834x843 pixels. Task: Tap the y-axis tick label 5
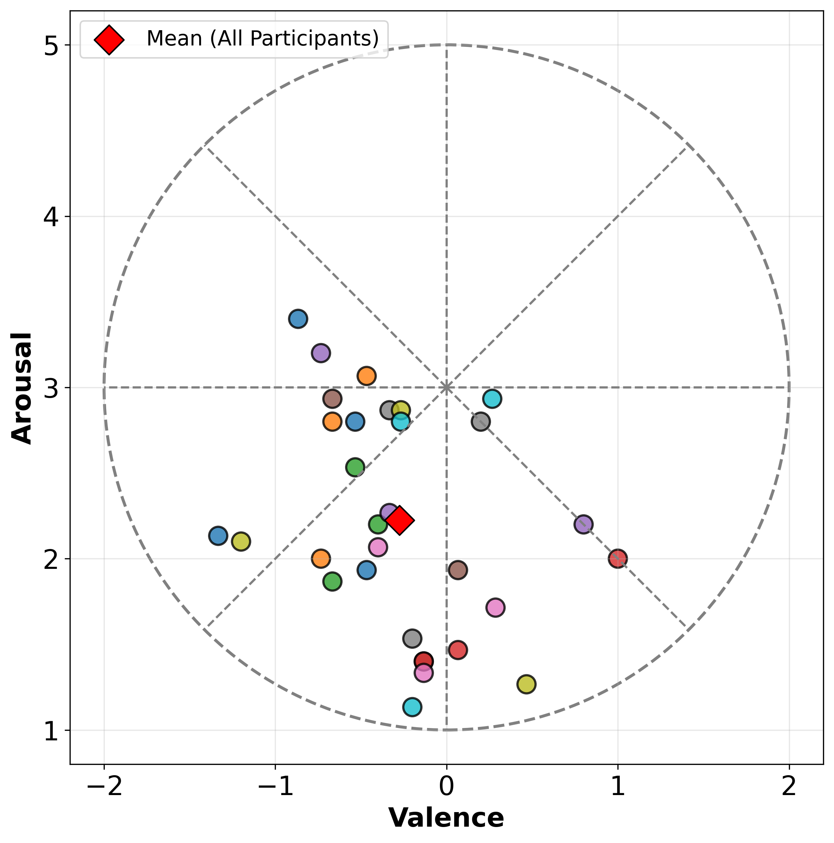51,45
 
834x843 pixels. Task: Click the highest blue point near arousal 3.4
298,319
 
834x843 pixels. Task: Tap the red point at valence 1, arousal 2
618,559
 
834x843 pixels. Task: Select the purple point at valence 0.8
583,524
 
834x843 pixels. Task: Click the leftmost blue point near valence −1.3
218,535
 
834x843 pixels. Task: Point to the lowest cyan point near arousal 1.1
412,707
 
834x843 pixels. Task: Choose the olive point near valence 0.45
526,684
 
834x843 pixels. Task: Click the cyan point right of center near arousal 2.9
492,399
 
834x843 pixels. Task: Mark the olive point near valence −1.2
241,542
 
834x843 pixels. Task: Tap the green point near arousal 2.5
355,467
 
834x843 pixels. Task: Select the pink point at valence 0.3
495,607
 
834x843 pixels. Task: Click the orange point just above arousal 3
366,376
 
